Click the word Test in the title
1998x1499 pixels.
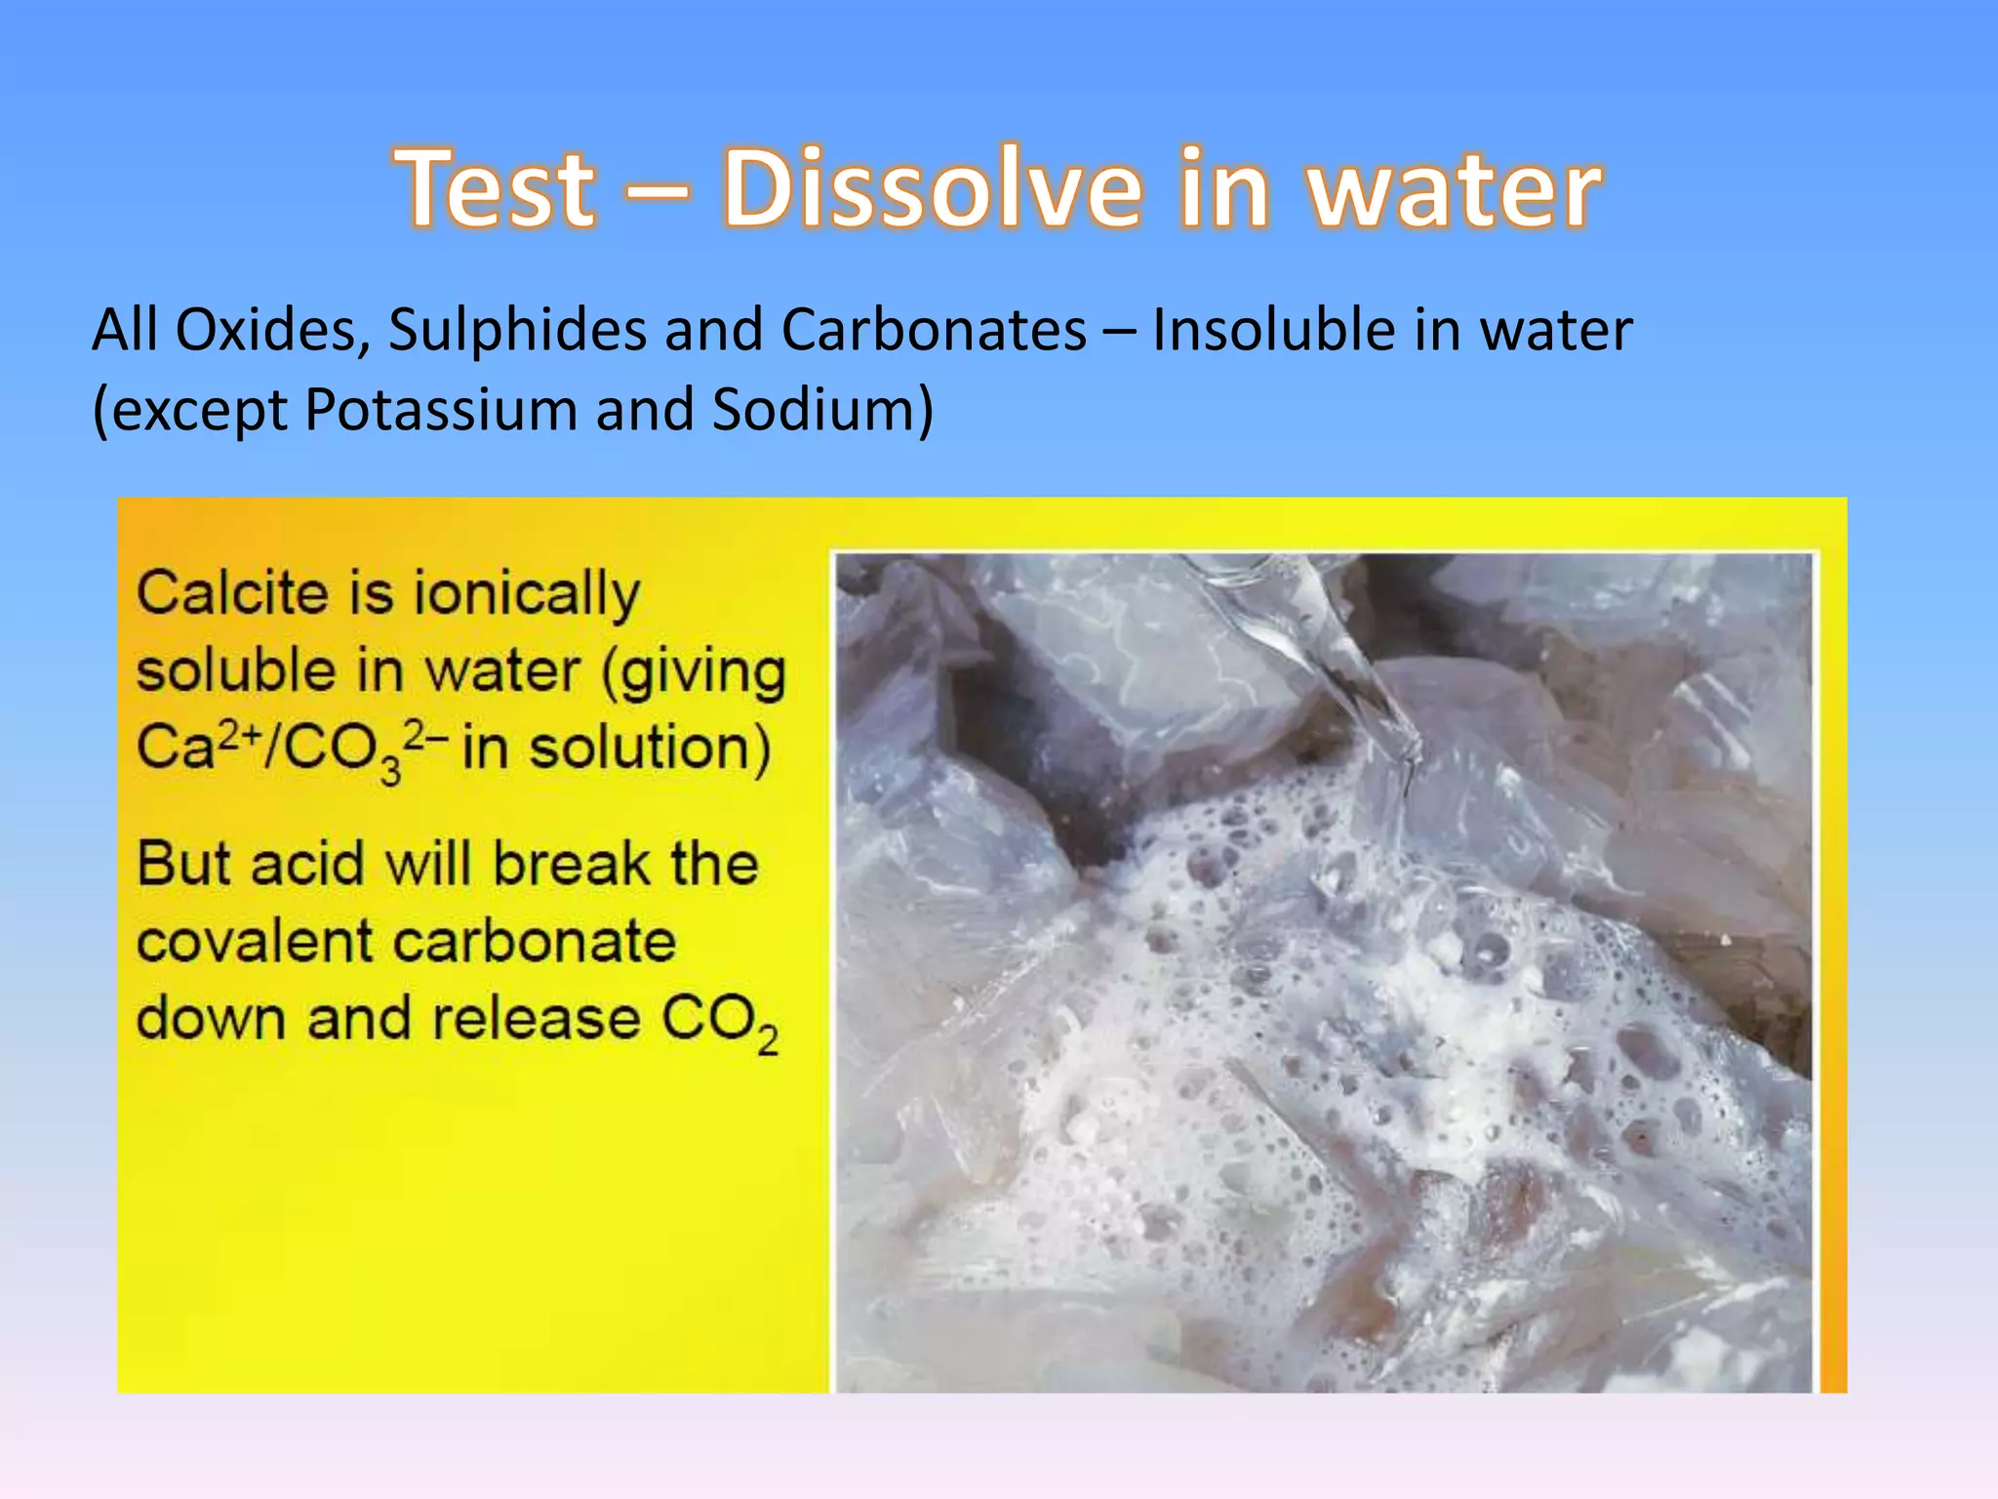tap(496, 187)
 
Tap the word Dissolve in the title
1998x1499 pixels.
tap(931, 187)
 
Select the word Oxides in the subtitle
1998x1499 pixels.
tap(264, 330)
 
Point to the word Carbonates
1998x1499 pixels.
tap(934, 330)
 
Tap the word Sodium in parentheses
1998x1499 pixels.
tap(813, 409)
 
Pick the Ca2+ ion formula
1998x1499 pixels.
tap(189, 748)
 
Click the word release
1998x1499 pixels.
tap(536, 1019)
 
